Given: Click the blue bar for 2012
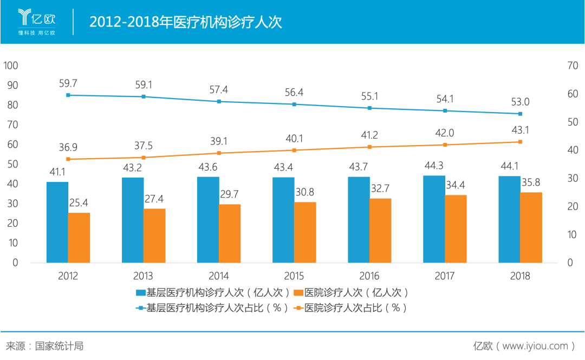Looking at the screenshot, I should tap(57, 222).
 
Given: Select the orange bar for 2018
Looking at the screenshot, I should tap(531, 227).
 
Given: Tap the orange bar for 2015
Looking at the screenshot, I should tap(305, 232).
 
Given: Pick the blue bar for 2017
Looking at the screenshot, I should tap(434, 219).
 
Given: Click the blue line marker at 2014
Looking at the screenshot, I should tap(219, 101).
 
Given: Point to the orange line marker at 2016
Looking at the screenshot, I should tap(370, 147).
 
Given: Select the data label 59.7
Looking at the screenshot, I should tap(68, 83).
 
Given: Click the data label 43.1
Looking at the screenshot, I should tap(520, 130).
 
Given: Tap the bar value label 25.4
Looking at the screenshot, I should tap(79, 203).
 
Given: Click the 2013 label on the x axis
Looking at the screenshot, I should tap(143, 276).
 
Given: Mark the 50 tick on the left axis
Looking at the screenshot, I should tap(12, 164).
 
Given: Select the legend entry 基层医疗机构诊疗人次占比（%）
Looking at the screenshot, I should tap(211, 308).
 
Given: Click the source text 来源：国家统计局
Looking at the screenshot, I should tap(44, 346).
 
